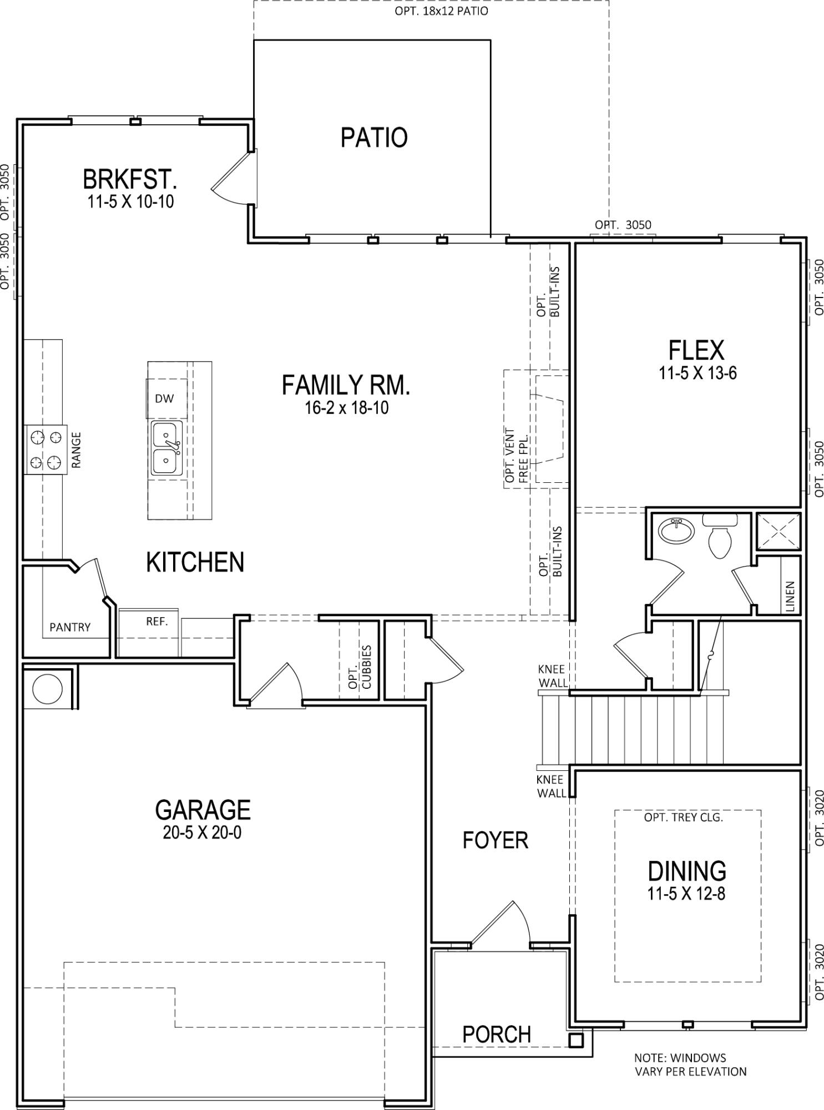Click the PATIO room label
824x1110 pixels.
point(373,138)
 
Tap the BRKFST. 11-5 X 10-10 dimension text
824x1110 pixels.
point(130,201)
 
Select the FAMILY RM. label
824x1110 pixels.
point(346,385)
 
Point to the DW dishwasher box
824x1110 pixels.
point(165,398)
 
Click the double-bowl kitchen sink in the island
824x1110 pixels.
point(166,447)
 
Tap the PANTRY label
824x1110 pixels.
point(70,627)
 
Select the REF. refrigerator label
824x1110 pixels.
point(156,621)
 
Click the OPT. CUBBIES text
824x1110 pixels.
point(360,667)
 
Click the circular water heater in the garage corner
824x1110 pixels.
point(48,689)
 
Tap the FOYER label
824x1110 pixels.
point(495,840)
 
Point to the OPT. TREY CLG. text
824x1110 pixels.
point(683,818)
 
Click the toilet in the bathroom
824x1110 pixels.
point(721,537)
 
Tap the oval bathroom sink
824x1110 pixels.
point(676,531)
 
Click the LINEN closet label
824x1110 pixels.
point(790,596)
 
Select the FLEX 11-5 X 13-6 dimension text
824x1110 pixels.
point(697,373)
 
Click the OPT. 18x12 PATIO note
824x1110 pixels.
point(441,11)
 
